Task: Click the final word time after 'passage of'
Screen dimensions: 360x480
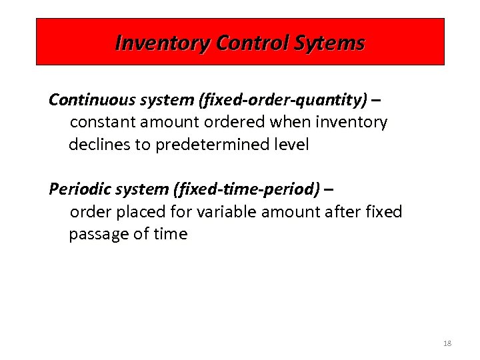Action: tap(171, 235)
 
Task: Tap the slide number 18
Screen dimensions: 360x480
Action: tap(447, 343)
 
